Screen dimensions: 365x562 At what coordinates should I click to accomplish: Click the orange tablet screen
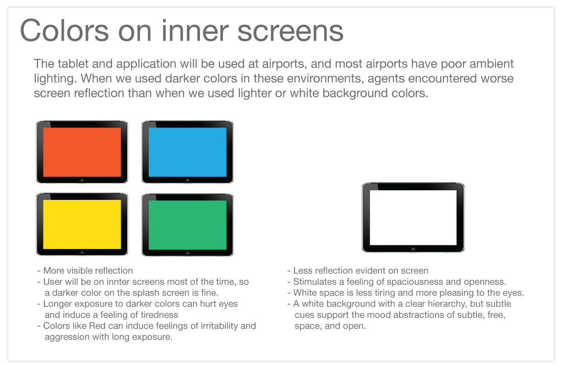point(82,152)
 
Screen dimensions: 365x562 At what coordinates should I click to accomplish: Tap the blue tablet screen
point(187,152)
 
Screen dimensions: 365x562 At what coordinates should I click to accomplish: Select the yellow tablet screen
point(82,224)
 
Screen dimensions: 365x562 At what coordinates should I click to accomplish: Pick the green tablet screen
point(187,224)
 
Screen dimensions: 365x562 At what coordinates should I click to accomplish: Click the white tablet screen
point(413,217)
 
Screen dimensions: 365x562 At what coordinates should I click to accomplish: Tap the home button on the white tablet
point(413,248)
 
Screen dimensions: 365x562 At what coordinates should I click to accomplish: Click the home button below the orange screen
point(82,180)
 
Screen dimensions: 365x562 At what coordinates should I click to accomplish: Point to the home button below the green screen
point(187,252)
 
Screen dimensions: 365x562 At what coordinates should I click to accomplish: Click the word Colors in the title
point(64,31)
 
